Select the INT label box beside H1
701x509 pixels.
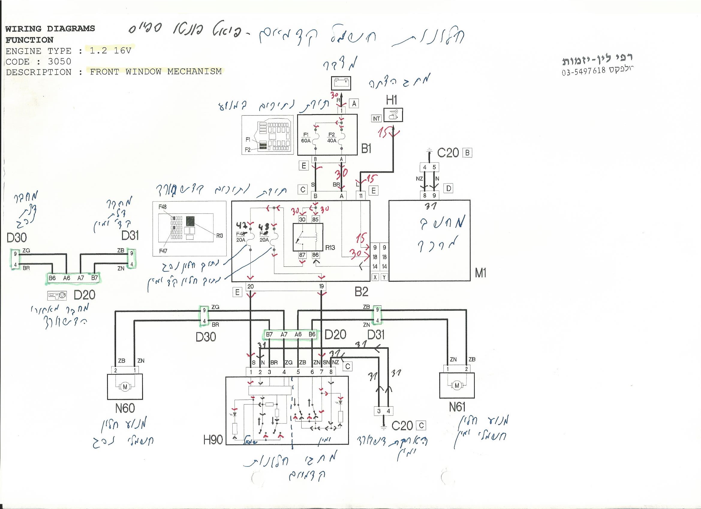click(x=376, y=119)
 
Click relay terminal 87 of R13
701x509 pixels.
click(x=302, y=255)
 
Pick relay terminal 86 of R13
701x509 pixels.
click(x=315, y=255)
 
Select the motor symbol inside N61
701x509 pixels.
click(x=457, y=385)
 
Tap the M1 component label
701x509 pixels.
click(x=480, y=273)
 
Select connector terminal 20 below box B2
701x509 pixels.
click(x=250, y=287)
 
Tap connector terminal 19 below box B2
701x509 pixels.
click(x=321, y=287)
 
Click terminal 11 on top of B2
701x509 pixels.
click(x=361, y=196)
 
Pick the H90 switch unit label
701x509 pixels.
click(x=213, y=440)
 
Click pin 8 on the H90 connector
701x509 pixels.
click(x=331, y=372)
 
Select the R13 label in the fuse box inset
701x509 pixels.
click(x=219, y=236)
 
